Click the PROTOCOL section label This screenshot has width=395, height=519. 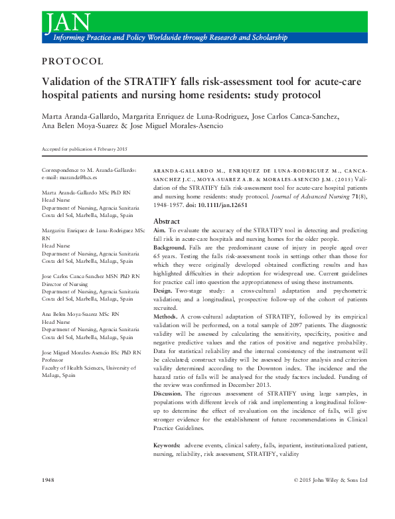pyautogui.click(x=72, y=62)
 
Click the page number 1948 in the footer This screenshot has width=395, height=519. pyautogui.click(x=48, y=480)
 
